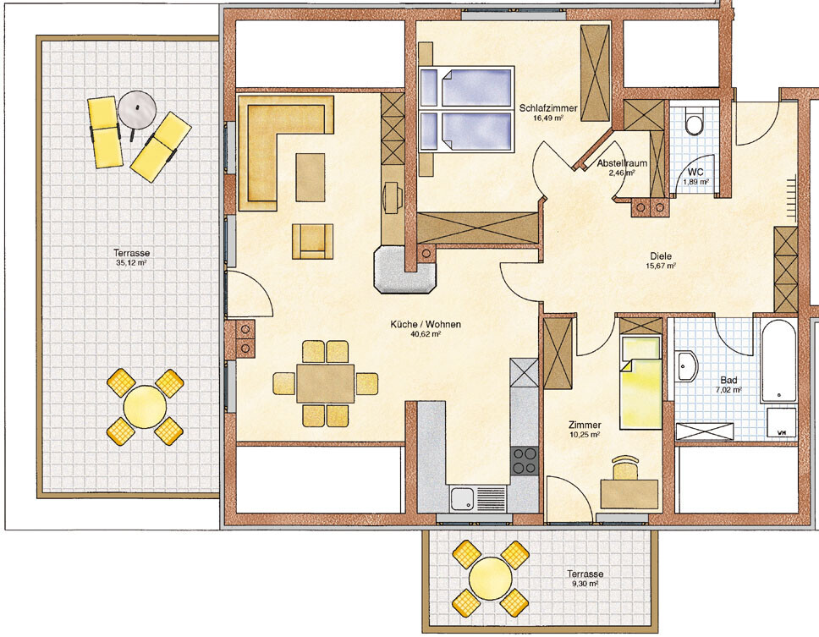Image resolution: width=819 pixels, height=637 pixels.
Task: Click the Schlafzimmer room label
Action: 548,108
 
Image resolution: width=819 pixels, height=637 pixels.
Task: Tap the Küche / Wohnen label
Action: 426,324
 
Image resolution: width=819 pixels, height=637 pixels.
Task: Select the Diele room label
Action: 661,255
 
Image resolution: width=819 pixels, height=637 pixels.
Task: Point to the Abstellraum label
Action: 622,163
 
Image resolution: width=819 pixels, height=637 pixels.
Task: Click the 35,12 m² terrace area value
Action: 131,262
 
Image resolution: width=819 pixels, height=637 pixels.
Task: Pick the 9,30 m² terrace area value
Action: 585,584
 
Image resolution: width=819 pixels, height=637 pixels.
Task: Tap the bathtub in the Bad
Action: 778,361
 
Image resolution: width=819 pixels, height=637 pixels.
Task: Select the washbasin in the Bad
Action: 686,366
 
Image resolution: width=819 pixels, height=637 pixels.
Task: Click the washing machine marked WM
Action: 782,423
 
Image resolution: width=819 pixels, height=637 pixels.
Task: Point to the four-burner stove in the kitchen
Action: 525,460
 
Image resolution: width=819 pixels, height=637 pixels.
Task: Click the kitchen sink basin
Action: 462,498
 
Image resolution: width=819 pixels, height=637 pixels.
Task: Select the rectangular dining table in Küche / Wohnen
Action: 326,383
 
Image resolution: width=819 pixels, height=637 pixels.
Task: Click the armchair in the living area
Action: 312,241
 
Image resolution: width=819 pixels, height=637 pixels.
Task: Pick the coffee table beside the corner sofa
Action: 311,177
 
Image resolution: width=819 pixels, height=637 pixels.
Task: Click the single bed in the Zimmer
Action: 640,382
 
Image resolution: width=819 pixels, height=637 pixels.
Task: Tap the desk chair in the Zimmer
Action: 625,467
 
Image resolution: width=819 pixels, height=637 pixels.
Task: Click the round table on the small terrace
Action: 490,578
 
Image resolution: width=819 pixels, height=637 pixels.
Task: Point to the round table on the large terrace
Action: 145,406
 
